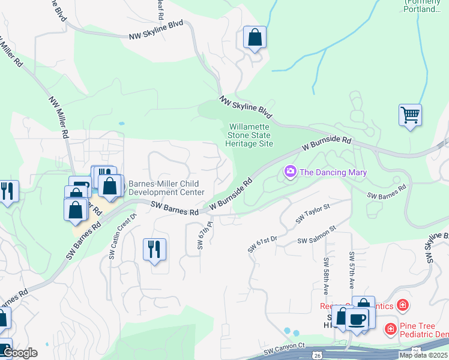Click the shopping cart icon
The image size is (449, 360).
point(410,113)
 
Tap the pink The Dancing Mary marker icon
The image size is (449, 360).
point(291,173)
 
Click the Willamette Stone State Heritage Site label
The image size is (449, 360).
point(249,135)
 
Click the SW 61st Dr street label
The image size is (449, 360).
point(263,244)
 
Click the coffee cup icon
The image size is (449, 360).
point(357,319)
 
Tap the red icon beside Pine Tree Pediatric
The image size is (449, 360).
point(391,329)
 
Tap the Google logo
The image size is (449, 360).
point(20,353)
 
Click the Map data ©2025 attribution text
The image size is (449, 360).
point(423,355)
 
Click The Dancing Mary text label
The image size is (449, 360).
point(333,173)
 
